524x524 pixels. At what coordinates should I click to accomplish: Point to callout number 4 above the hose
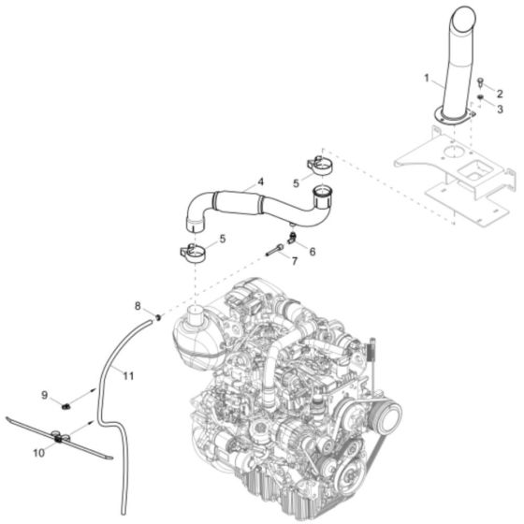click(x=261, y=182)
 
